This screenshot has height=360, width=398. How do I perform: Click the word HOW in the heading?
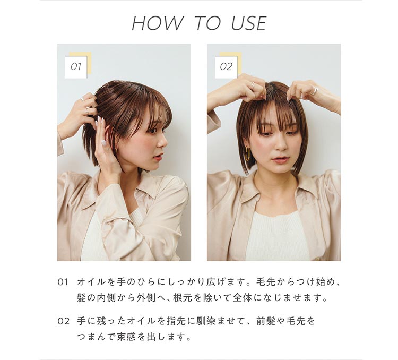coord(157,23)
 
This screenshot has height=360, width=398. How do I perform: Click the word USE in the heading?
coord(248,23)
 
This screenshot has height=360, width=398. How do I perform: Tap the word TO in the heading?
coord(207,23)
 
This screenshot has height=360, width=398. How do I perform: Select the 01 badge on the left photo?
coord(75,67)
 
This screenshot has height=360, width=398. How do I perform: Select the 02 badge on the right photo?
coord(226,67)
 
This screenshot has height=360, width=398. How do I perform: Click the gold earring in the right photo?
coord(247,154)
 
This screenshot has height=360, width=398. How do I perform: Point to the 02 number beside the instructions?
coord(63,322)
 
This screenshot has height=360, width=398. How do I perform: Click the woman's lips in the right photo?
coord(280,159)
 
